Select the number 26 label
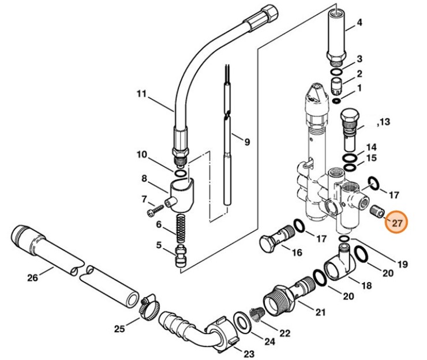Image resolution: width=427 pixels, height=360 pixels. pyautogui.click(x=32, y=277)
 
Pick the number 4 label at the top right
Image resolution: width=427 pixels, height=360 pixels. pyautogui.click(x=359, y=23)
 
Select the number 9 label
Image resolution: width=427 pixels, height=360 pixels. pyautogui.click(x=247, y=141)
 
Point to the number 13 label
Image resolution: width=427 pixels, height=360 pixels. pyautogui.click(x=384, y=122)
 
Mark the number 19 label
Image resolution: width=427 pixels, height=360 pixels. pyautogui.click(x=402, y=264)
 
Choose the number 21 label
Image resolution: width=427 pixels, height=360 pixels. pyautogui.click(x=320, y=312)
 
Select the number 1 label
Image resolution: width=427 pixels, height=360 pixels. pyautogui.click(x=359, y=88)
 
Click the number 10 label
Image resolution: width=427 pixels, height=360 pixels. pyautogui.click(x=142, y=154)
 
